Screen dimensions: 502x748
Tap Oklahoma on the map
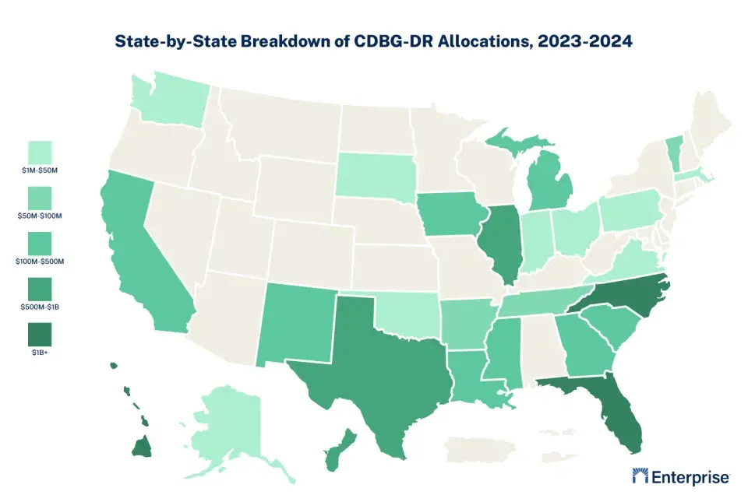tap(405, 311)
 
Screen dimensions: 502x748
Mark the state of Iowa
tap(448, 215)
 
